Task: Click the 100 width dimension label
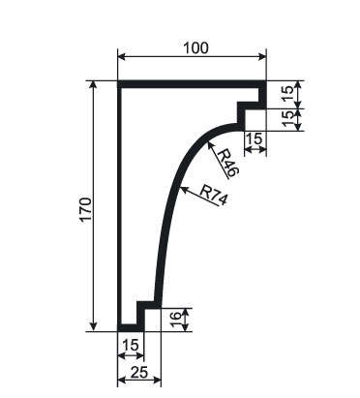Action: point(195,47)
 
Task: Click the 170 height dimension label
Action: point(86,209)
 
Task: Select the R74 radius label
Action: point(213,195)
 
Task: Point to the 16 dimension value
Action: point(174,320)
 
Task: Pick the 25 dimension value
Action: point(139,373)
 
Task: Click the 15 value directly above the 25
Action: point(130,345)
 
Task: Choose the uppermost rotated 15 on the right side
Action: point(288,93)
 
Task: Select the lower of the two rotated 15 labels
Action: point(288,118)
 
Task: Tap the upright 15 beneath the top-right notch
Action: point(255,138)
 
